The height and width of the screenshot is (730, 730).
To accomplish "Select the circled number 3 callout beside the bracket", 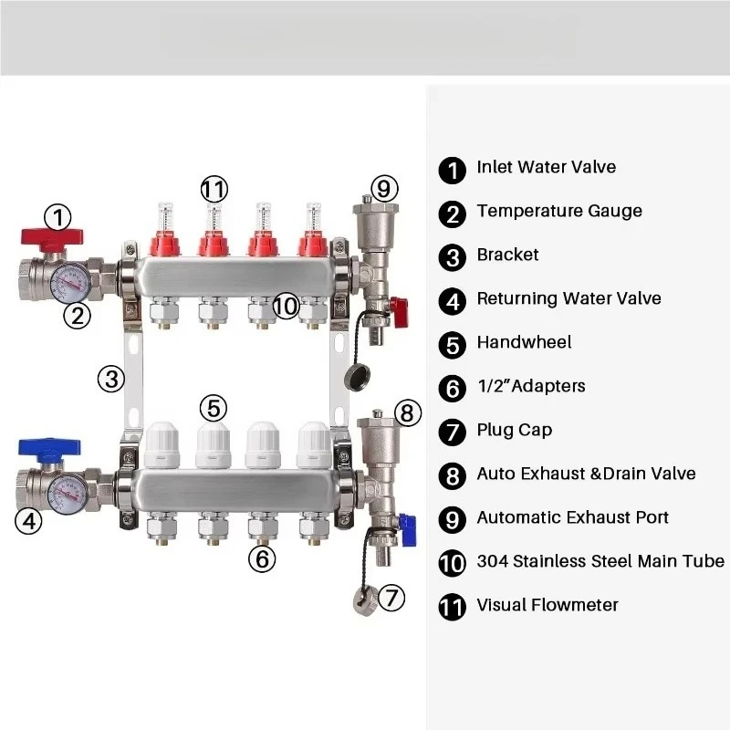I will (111, 378).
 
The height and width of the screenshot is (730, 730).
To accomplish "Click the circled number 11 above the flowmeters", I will (214, 189).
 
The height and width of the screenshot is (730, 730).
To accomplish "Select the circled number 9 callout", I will (384, 189).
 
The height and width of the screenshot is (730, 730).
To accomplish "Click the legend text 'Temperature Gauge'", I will (558, 211).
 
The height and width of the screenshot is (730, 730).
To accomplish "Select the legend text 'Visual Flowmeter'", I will (547, 605).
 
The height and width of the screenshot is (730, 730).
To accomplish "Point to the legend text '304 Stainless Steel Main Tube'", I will (600, 561).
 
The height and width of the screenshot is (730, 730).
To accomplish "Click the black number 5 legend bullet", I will (452, 344).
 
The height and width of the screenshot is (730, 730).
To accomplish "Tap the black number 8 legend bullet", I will (452, 475).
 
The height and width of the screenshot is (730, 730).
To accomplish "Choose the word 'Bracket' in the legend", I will (507, 255).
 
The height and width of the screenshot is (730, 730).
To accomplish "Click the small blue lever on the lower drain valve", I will (407, 524).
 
